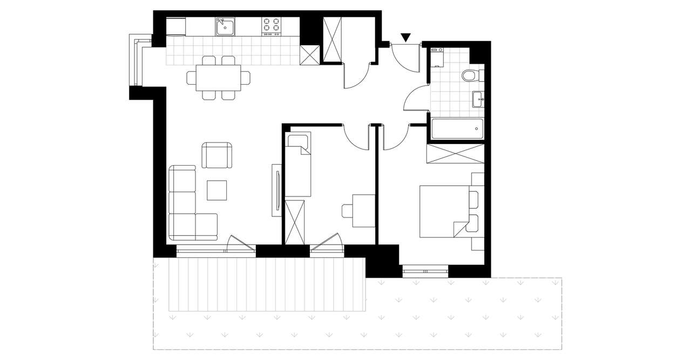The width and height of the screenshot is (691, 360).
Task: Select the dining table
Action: pos(219,78)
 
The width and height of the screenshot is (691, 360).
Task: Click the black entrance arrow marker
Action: pos(406,37)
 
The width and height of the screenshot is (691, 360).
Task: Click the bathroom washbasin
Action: pos(477,99)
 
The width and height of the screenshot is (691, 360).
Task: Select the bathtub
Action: pos(457,128)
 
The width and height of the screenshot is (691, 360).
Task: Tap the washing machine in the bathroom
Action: pos(437,57)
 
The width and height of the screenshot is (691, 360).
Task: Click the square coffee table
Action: pos(218,190)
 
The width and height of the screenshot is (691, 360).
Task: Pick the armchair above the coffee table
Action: pos(217,155)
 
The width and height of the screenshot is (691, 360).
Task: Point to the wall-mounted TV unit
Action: pos(276,190)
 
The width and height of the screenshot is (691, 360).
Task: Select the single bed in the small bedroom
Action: pos(299,165)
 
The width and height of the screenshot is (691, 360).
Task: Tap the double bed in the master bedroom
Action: pos(446,211)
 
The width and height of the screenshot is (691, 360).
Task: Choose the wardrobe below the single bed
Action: pos(294,221)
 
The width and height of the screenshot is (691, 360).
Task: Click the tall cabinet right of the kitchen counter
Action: pos(333,39)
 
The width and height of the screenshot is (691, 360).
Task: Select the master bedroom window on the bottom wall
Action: pos(425,270)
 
